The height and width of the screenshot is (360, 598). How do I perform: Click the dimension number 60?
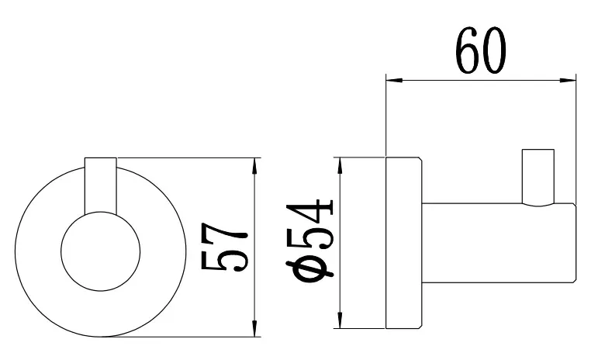tap(482, 50)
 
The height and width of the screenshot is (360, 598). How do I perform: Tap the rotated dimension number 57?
tap(225, 247)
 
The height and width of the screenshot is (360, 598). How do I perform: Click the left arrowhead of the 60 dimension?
tap(394, 80)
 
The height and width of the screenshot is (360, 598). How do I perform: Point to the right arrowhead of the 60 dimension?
tap(568, 80)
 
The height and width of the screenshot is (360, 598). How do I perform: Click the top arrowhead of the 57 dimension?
tap(255, 166)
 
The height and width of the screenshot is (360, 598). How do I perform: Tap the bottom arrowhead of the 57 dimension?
tap(255, 328)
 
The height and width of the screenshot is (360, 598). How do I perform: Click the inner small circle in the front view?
tap(100, 212)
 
